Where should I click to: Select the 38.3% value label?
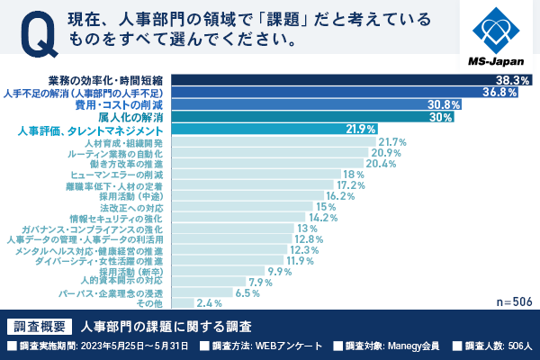512,80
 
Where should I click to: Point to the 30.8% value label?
444,104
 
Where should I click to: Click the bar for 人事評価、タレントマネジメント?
270,130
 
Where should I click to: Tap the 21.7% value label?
393,142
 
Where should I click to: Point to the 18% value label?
353,175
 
